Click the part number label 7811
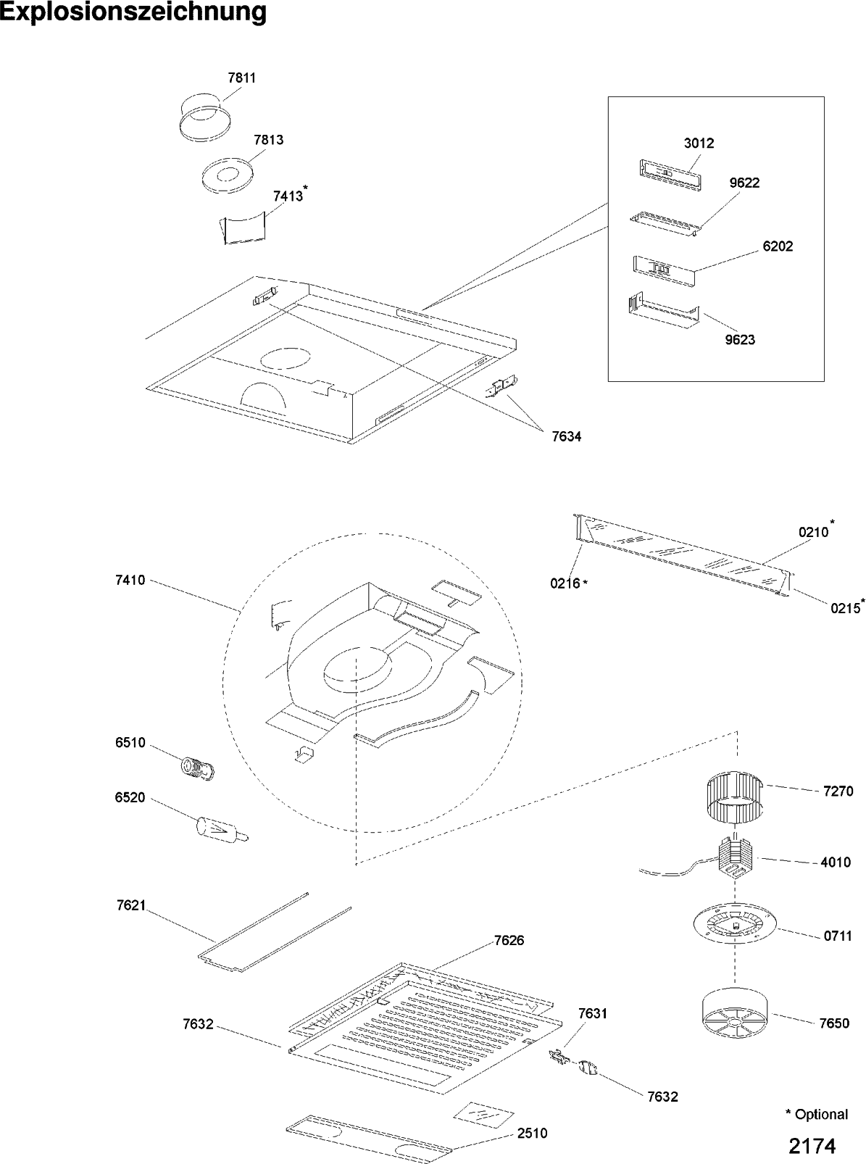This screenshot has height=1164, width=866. (241, 78)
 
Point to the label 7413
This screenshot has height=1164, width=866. (288, 196)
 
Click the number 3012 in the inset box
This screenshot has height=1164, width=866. (699, 144)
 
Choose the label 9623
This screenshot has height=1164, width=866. (739, 340)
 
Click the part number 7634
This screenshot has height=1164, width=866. (566, 436)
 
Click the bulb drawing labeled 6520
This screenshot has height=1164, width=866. (220, 831)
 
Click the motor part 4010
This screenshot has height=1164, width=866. (734, 858)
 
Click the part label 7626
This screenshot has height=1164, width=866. (509, 941)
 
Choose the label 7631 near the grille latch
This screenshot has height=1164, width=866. (592, 1013)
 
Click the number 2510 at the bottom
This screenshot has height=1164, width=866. (532, 1134)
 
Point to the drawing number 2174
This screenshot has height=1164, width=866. (812, 1146)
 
